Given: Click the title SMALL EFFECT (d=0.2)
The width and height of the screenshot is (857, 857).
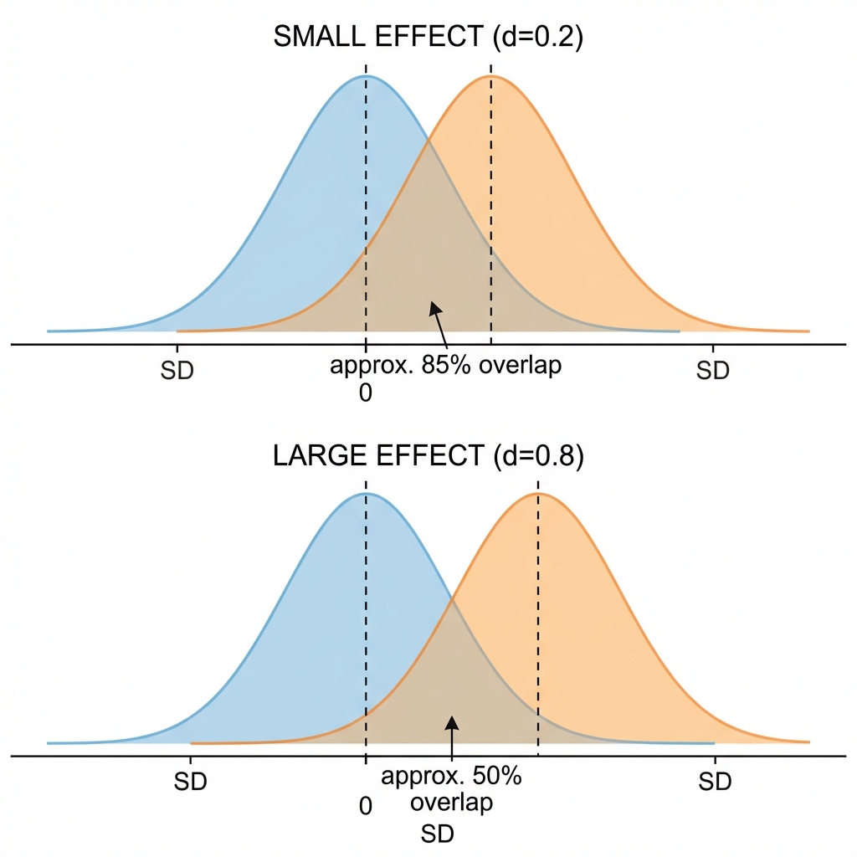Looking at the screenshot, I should (428, 38).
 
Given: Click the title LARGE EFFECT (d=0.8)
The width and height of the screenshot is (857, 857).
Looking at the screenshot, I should (428, 456).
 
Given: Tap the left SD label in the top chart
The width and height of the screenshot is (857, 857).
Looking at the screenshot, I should (177, 371).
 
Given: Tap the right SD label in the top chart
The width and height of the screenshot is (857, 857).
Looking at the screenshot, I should (713, 371).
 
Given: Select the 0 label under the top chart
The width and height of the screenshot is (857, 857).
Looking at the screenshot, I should (365, 393).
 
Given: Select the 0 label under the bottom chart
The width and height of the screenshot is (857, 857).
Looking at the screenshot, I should (365, 807).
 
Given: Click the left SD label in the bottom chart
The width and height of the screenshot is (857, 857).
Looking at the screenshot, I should (190, 782).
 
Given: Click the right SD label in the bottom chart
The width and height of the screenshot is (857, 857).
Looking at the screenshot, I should (715, 782).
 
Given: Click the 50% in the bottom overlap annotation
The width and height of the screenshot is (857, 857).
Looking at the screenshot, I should (497, 776).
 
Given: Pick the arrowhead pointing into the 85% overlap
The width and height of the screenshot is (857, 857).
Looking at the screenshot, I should (434, 308).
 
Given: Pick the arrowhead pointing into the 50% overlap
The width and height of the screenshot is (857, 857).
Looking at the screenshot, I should (451, 721).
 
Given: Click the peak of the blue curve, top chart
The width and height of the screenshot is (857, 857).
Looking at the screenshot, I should (366, 76).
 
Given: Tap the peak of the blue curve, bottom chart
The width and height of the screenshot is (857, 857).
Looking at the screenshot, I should (366, 493).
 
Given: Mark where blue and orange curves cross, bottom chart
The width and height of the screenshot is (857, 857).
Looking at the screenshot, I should (453, 598).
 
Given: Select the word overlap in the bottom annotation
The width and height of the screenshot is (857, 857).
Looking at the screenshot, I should (451, 803).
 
